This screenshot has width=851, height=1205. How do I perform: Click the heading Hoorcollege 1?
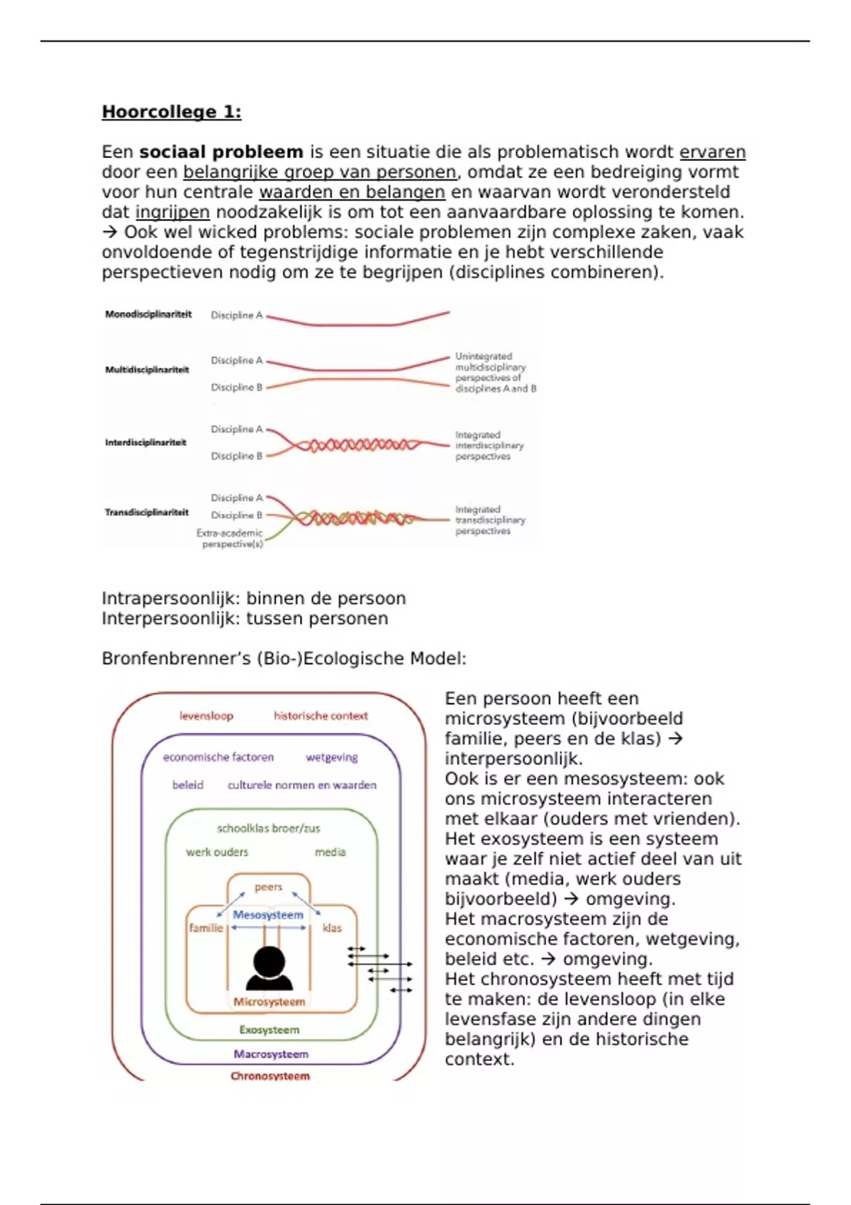click(171, 112)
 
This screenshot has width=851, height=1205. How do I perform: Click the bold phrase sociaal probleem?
click(221, 152)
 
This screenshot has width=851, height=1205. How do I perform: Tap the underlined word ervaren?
click(712, 152)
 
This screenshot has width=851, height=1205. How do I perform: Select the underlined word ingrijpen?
click(172, 213)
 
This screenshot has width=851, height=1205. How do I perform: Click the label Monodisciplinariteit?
click(148, 315)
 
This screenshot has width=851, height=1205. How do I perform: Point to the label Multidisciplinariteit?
click(147, 370)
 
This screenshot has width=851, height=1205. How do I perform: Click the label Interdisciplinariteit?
click(145, 443)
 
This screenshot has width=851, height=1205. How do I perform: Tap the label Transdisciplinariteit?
click(147, 512)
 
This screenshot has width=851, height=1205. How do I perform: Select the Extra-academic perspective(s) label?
click(230, 539)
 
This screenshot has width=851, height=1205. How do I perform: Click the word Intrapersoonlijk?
click(170, 599)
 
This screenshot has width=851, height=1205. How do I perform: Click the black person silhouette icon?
click(269, 968)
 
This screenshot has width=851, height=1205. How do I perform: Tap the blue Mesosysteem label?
click(268, 915)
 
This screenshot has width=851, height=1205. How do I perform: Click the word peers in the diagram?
click(268, 887)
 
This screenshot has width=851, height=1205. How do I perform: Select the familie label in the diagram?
click(206, 928)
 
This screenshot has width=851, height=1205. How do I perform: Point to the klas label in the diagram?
click(332, 928)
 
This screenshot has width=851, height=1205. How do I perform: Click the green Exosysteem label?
click(269, 1030)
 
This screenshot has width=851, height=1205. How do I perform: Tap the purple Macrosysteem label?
click(271, 1054)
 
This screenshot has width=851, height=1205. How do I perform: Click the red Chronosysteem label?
click(270, 1076)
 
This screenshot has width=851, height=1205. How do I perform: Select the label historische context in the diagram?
click(321, 716)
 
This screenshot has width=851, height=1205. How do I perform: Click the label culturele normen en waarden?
click(302, 785)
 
